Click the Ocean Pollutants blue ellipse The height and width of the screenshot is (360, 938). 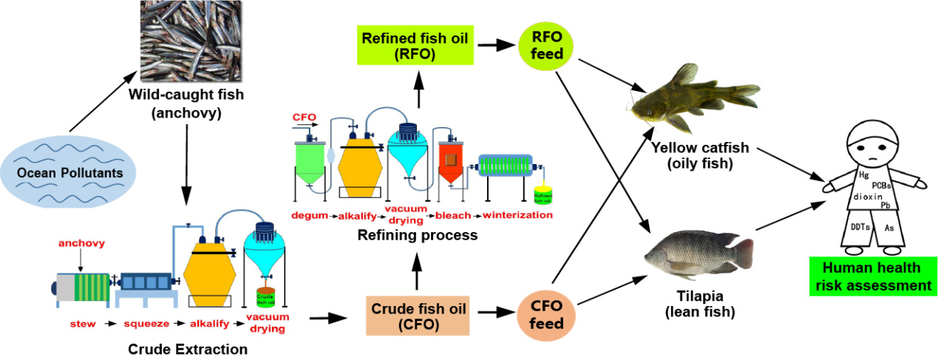[x=69, y=174]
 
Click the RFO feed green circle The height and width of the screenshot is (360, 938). [x=548, y=44]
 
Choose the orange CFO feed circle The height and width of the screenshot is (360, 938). [x=548, y=315]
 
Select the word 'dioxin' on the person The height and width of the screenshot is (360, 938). [x=869, y=197]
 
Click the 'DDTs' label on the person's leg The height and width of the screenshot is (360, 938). [x=860, y=228]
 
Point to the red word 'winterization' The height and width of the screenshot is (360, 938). [x=517, y=216]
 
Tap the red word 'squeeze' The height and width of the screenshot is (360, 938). [x=147, y=323]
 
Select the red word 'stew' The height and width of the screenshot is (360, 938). [x=83, y=323]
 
